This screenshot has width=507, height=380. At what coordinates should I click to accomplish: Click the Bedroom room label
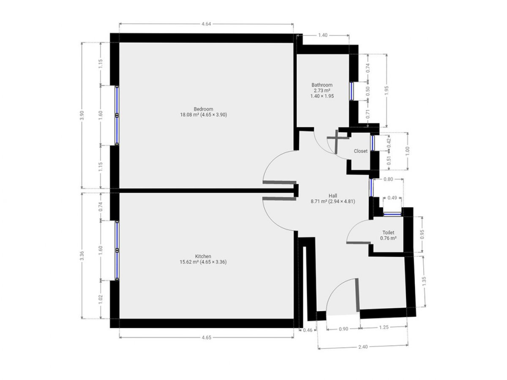203,109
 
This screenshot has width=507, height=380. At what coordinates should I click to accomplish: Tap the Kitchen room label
203,256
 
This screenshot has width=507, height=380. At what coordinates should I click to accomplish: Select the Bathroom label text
322,85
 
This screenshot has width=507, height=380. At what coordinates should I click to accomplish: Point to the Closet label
360,151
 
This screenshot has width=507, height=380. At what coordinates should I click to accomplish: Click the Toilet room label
388,233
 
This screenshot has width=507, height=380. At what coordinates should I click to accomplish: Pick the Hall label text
333,195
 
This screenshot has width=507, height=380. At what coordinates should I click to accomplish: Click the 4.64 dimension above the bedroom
206,24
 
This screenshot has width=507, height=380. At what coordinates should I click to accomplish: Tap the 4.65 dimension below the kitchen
206,337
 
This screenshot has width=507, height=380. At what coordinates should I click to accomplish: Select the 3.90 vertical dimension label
82,115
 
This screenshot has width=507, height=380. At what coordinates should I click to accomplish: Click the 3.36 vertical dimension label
82,255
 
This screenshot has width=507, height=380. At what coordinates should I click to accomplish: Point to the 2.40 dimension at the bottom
363,347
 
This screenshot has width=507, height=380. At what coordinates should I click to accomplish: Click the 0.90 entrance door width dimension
343,329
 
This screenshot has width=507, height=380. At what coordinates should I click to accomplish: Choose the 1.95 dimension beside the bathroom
387,90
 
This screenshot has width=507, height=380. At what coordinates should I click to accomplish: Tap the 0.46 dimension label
308,330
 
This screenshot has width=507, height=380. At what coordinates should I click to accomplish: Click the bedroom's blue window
117,115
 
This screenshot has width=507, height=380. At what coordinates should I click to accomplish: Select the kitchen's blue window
117,250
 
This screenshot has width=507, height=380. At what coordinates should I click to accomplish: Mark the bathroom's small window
352,91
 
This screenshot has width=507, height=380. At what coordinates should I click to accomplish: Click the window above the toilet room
392,214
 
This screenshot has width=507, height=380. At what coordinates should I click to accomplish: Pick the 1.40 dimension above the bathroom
323,35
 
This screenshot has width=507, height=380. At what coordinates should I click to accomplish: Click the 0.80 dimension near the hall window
388,179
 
